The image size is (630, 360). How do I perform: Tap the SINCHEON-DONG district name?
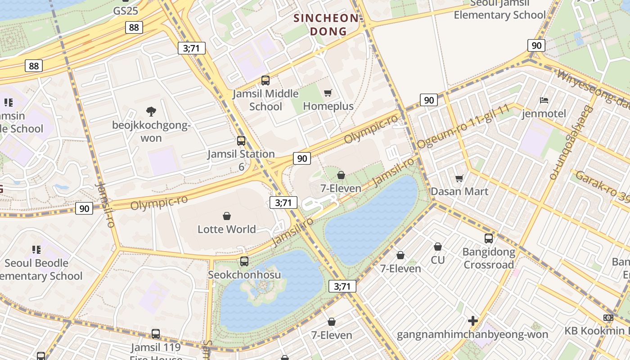327,25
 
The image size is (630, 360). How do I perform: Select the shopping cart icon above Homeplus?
328,93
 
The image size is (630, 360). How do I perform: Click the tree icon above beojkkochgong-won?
151,111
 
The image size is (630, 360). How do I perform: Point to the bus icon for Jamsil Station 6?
241,140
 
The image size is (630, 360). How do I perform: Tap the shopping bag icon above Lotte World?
227,216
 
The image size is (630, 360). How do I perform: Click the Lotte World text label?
227,229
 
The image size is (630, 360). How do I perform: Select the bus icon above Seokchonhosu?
244,261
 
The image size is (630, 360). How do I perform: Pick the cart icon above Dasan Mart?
459,179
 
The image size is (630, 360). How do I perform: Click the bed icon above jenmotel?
544,100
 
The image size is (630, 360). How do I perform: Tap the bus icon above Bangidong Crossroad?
489,238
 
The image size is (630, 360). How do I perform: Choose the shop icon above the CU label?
437,247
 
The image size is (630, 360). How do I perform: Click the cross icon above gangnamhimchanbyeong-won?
472,321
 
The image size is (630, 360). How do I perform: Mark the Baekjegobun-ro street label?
569,143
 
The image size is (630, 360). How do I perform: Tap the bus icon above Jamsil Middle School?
265,81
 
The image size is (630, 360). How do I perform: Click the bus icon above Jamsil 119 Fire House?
156,334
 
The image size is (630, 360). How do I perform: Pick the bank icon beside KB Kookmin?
608,318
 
